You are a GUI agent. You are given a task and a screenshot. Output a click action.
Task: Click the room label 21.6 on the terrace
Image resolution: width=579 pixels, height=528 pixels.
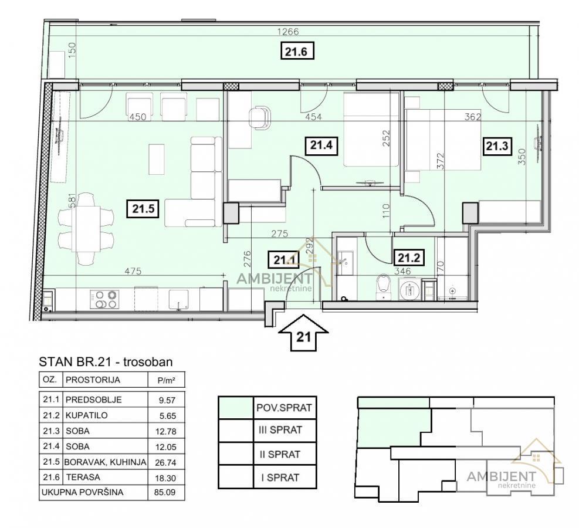tap(296, 51)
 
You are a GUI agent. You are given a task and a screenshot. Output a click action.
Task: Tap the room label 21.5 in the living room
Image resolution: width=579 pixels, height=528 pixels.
tap(143, 209)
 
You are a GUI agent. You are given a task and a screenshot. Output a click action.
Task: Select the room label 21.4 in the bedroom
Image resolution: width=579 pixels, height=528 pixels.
tap(321, 145)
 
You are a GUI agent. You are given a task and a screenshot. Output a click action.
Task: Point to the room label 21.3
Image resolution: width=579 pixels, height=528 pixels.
tap(497, 146)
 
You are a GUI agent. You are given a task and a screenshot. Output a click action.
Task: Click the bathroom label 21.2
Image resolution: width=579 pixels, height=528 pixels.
tap(409, 258)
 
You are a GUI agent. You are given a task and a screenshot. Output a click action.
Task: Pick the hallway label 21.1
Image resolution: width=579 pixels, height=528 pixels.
tap(283, 260)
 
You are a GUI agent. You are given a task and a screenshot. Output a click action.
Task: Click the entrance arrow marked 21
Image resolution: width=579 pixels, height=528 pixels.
tap(303, 332)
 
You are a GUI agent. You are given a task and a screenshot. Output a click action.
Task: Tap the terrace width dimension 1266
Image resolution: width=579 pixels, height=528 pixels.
tap(288, 32)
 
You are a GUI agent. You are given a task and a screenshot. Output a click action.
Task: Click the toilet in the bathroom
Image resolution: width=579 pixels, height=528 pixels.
tap(383, 286)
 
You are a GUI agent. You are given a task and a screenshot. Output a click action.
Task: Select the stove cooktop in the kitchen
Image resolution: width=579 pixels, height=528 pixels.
tap(104, 299)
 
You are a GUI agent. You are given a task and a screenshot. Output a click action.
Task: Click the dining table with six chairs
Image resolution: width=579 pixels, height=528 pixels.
tap(86, 229)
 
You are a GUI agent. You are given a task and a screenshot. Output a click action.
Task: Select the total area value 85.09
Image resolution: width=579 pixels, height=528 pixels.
tap(165, 492)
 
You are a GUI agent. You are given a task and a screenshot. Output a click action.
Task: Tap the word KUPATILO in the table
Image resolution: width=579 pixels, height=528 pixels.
tap(86, 415)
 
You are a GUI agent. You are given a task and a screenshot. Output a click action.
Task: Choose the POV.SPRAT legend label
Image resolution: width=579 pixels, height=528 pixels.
tap(285, 408)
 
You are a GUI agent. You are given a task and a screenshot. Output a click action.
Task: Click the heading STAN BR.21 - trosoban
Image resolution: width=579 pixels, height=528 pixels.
tap(106, 362)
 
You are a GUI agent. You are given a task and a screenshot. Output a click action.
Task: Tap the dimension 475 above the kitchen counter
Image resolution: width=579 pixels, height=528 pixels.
tap(133, 272)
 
